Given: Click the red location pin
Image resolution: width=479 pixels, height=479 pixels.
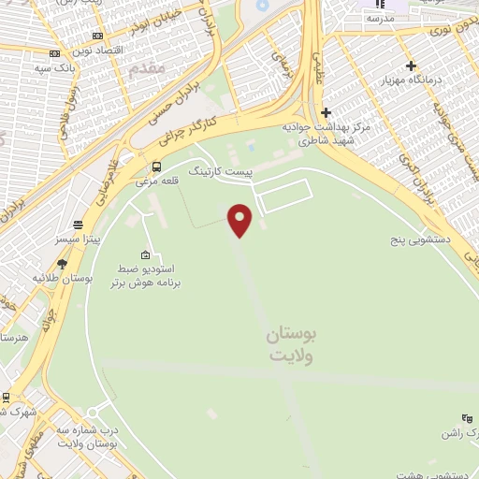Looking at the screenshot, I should coord(240,220).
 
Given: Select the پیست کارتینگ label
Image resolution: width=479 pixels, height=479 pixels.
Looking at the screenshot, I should coord(222,173).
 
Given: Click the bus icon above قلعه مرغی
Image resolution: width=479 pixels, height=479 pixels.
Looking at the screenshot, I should coord(155,167).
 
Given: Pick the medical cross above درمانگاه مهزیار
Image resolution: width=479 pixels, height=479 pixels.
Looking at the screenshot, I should coord(410,65).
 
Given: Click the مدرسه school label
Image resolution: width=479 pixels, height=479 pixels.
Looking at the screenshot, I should coord(380,19).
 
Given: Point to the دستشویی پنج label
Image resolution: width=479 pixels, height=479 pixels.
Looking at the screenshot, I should coord(422,240).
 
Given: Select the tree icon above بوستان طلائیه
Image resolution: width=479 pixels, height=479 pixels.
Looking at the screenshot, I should coord(62,265).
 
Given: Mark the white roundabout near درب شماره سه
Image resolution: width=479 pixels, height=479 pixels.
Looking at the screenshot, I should coord(92,413).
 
